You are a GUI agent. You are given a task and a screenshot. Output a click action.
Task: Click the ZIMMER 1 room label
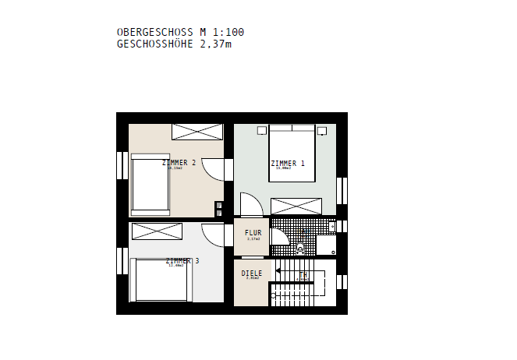click(x=287, y=164)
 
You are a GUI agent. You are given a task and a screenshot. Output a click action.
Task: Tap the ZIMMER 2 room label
click(x=179, y=163)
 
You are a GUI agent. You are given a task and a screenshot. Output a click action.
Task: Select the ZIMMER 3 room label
click(x=182, y=261)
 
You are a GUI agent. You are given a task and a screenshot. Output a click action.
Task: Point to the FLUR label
click(x=253, y=233)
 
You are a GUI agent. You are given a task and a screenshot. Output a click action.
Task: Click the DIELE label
click(x=252, y=274)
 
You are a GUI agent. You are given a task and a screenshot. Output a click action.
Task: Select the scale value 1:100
click(x=228, y=32)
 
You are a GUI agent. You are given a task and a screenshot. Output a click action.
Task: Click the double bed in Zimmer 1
click(x=292, y=154)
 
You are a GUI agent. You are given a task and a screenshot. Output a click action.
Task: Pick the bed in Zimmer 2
click(x=150, y=183)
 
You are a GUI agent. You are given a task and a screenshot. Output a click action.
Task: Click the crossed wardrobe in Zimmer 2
click(x=197, y=131)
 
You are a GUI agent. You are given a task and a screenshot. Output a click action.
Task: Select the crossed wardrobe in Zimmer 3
click(x=157, y=231)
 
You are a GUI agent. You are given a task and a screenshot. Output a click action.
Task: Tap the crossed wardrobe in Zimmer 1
click(x=296, y=206)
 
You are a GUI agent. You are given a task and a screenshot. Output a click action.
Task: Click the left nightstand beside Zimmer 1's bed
click(x=262, y=129)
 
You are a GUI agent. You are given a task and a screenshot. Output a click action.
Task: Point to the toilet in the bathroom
click(x=302, y=249)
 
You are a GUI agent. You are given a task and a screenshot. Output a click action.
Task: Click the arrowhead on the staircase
click(x=278, y=272)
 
